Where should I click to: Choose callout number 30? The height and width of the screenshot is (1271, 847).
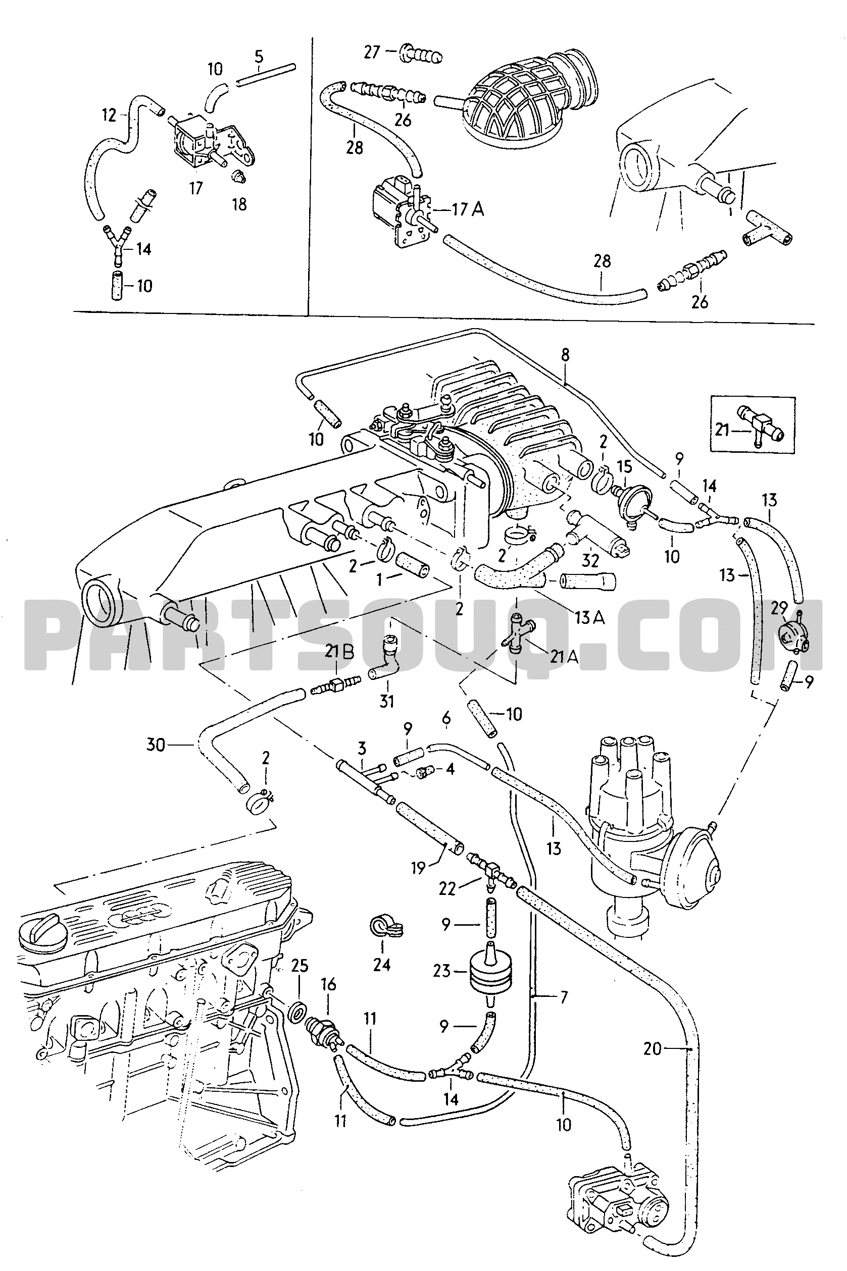click(156, 745)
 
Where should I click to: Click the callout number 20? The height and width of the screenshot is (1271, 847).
click(652, 1048)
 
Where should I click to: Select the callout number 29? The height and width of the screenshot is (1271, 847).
click(779, 608)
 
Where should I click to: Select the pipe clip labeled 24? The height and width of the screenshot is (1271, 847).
click(384, 928)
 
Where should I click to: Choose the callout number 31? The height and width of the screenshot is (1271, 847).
click(387, 701)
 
